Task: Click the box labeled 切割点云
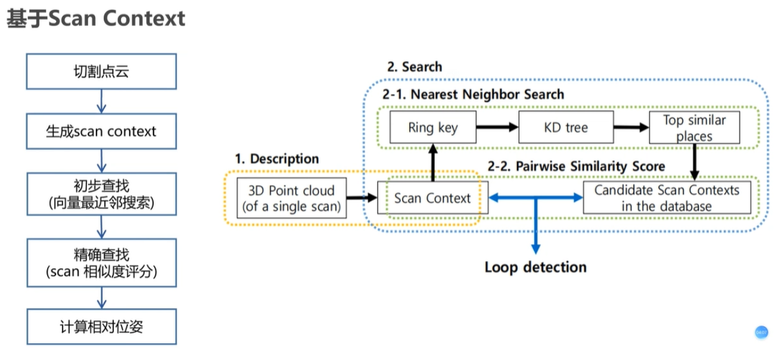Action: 101,72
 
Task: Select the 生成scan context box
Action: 101,131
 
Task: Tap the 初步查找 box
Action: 101,194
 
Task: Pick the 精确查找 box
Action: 101,263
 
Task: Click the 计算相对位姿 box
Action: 101,327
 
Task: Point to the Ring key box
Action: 433,127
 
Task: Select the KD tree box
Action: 566,127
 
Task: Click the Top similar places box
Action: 695,128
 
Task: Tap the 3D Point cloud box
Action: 291,198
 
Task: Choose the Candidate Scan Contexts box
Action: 667,198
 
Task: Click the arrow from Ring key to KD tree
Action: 497,127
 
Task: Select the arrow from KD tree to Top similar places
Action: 631,127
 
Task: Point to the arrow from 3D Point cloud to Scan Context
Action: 362,198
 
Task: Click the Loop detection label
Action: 536,267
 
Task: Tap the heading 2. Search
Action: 415,67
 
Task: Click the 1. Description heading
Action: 277,159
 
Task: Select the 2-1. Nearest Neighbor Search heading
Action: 474,94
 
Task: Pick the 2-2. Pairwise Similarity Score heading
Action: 577,166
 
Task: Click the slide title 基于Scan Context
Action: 96,18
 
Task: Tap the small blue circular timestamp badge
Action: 761,333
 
